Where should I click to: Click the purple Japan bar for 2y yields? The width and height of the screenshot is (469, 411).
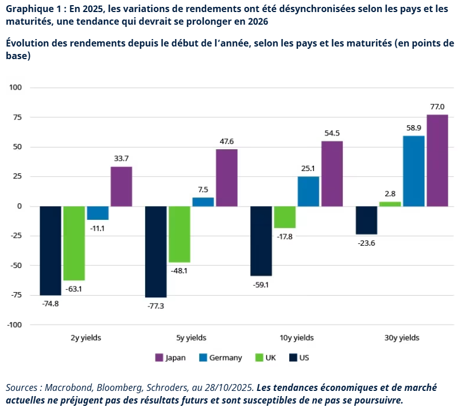[x=121, y=187]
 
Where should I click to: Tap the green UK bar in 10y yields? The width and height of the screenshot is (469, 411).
[x=285, y=217]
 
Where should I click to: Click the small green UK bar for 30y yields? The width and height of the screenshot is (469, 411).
[x=390, y=204]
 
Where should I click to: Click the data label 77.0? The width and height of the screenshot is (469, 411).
[x=437, y=106]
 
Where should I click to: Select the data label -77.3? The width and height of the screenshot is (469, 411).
[x=155, y=307]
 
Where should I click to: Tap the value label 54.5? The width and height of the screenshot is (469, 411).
[x=332, y=133]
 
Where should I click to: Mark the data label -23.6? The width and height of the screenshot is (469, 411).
[x=366, y=243]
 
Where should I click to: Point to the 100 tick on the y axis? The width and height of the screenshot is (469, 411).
[x=15, y=88]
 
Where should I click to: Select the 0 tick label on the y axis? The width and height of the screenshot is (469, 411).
[x=19, y=206]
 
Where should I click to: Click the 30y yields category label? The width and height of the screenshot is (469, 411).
[x=402, y=338]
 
